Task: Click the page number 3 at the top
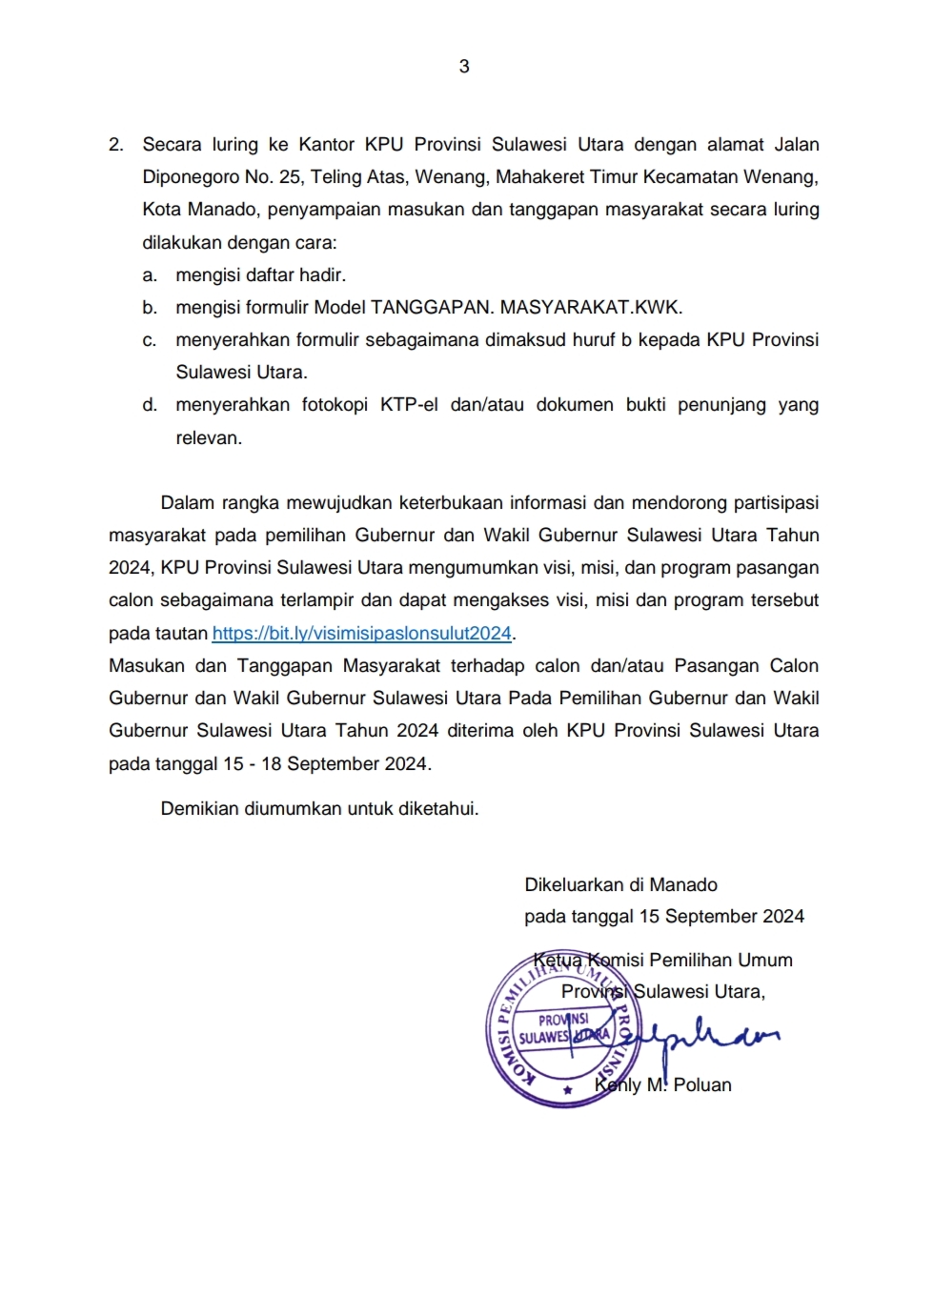tap(464, 66)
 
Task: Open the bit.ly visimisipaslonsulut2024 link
tap(362, 633)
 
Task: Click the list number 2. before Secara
tap(116, 145)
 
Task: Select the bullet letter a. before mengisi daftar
tap(150, 275)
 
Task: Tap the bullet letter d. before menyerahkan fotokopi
tap(150, 405)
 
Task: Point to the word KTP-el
tap(409, 405)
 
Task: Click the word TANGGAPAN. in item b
tap(432, 308)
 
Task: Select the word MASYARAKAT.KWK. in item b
tap(591, 308)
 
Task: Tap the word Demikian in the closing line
tap(200, 809)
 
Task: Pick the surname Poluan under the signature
tap(702, 1084)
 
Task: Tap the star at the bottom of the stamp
tap(568, 1090)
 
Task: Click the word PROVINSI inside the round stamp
tap(563, 1020)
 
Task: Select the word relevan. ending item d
tap(209, 438)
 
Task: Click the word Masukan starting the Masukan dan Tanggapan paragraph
tap(144, 666)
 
